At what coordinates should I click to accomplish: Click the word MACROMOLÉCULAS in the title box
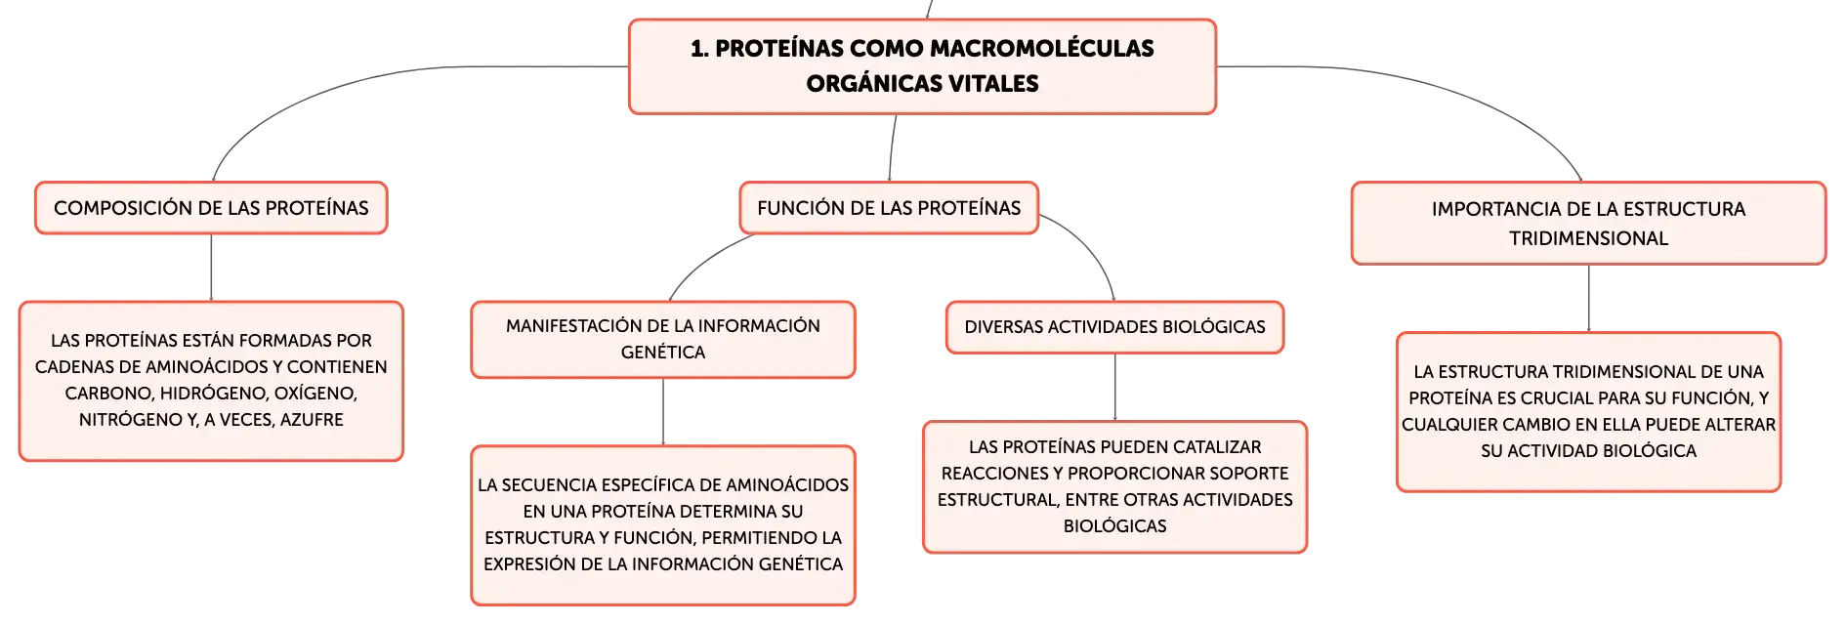coord(1002,48)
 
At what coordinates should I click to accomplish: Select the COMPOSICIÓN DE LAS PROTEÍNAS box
coord(211,208)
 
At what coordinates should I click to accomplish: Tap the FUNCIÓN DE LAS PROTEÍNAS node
coord(889,208)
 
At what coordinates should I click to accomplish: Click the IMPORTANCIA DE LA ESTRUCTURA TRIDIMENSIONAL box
coord(1588,224)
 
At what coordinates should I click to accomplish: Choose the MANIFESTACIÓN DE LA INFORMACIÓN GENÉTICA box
coord(663,339)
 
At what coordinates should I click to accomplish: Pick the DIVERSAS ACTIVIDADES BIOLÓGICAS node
coord(1115,327)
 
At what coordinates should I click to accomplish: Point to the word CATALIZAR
coord(1217,447)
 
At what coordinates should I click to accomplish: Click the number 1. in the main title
coord(699,49)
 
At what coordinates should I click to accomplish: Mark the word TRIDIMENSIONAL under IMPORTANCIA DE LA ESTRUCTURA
coord(1588,238)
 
